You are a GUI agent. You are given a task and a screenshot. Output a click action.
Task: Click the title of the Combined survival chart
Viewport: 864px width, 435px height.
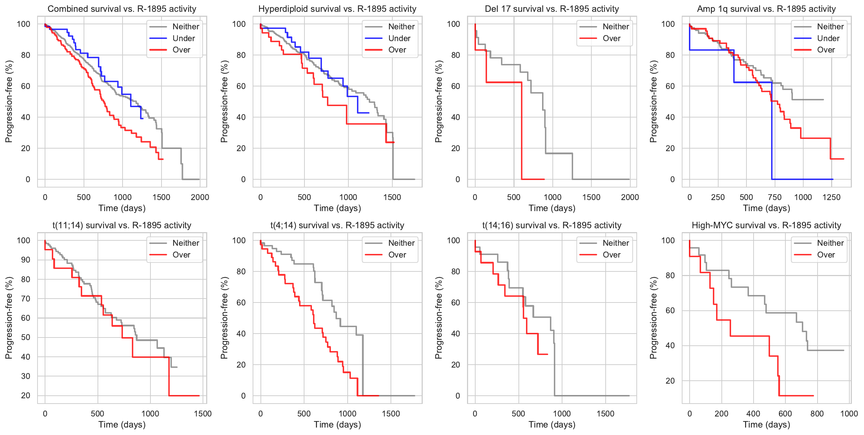pyautogui.click(x=122, y=9)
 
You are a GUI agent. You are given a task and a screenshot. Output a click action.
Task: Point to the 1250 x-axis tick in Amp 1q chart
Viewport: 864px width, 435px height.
pyautogui.click(x=831, y=197)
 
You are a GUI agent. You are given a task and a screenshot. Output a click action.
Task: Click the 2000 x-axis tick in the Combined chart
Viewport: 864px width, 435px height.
pyautogui.click(x=200, y=197)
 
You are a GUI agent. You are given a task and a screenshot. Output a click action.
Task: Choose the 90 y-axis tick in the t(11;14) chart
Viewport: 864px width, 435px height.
pyautogui.click(x=26, y=260)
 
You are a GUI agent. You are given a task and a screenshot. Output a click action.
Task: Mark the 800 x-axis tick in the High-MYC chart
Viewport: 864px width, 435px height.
pyautogui.click(x=817, y=414)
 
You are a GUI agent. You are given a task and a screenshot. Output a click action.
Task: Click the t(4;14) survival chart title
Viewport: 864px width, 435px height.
pyautogui.click(x=337, y=225)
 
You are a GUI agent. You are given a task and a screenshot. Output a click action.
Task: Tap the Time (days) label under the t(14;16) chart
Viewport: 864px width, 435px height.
pyautogui.click(x=552, y=425)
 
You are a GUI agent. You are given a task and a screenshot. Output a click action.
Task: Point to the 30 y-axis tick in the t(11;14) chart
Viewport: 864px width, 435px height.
pyautogui.click(x=26, y=376)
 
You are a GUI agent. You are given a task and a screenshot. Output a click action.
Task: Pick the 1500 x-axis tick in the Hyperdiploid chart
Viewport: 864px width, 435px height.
pyautogui.click(x=392, y=197)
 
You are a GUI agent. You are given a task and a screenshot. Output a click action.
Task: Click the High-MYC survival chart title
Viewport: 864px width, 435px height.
pyautogui.click(x=766, y=225)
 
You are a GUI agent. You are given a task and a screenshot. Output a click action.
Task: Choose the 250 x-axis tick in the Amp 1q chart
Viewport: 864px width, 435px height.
pyautogui.click(x=717, y=197)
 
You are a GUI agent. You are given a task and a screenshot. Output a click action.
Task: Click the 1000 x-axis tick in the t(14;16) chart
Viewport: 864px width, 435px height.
pyautogui.click(x=562, y=414)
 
